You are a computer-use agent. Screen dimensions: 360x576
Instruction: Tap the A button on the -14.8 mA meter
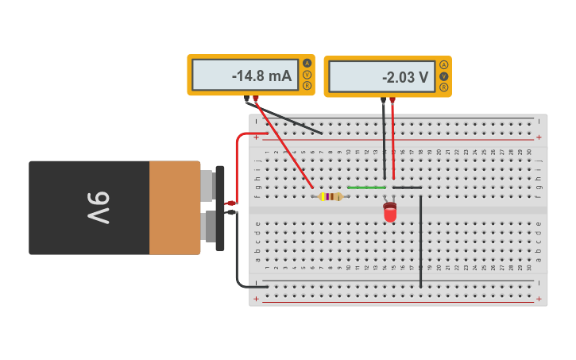tap(307, 63)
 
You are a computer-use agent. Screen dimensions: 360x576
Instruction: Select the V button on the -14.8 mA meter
tap(307, 74)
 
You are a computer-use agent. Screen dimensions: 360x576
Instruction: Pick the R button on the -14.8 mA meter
tap(307, 85)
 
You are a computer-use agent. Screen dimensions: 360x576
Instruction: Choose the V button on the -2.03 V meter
tap(443, 75)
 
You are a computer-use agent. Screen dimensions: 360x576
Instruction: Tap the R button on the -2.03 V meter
tap(443, 87)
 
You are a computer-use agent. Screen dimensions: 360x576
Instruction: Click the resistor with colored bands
tap(330, 196)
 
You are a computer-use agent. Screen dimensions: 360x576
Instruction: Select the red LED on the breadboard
tap(389, 212)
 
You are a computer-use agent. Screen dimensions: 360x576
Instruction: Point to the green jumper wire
tap(366, 188)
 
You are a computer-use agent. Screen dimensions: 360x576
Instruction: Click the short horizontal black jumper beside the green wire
tap(407, 188)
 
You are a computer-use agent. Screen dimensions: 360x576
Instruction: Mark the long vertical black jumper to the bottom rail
tap(420, 238)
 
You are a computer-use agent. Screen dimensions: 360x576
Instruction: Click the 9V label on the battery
tap(99, 207)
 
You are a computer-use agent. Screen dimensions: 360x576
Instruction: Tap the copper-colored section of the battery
tap(174, 207)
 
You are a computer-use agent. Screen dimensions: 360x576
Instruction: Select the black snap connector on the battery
tap(220, 207)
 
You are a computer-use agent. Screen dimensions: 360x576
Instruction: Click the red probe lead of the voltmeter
tap(392, 143)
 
